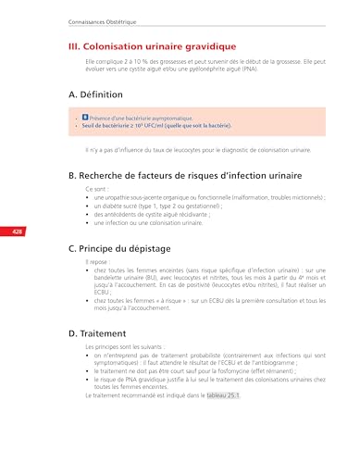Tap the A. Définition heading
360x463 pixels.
click(x=98, y=94)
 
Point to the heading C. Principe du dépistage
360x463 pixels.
click(x=130, y=249)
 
